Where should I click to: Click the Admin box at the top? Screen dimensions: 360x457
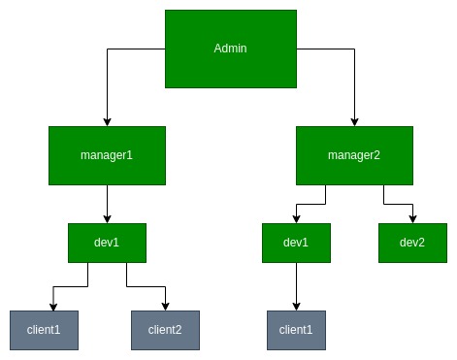coord(228,49)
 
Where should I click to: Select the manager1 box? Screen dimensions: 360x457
coord(107,155)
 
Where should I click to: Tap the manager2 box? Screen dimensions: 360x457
coord(354,155)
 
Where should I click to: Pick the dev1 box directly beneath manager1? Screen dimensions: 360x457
coord(107,243)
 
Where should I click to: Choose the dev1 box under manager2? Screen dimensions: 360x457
coord(296,243)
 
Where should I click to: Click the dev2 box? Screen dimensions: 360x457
coord(412,243)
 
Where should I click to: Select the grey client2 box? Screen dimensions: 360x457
coord(165,330)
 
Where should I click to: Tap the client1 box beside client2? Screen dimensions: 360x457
coord(44,330)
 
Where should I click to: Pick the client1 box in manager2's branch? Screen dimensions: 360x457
coord(296,330)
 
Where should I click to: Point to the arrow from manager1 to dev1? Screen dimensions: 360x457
coord(107,204)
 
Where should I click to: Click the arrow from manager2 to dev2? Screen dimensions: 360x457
coord(400,204)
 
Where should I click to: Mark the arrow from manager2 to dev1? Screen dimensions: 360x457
coord(310,204)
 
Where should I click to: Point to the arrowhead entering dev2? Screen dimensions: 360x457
coord(412,219)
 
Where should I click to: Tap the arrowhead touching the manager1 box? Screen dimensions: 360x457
coord(107,121)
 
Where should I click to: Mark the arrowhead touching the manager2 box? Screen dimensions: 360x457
coord(354,121)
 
